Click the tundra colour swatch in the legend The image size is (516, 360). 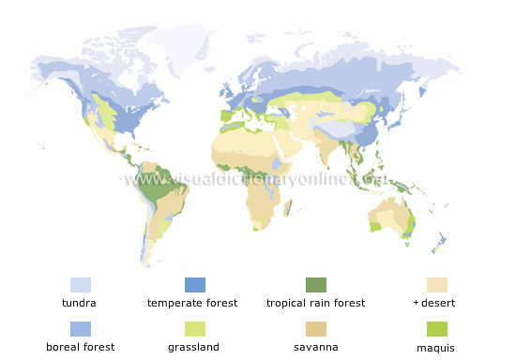(x=81, y=284)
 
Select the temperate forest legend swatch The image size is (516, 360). (x=194, y=284)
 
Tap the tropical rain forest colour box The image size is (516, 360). (x=315, y=284)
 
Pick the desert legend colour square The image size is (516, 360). (x=437, y=284)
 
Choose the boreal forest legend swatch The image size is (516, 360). (x=81, y=328)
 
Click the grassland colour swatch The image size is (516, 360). (x=194, y=328)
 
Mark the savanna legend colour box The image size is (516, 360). (x=315, y=328)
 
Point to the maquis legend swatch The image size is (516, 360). (x=437, y=328)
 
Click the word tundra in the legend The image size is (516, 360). (x=80, y=303)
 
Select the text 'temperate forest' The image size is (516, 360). (x=192, y=303)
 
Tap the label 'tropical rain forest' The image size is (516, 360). (x=315, y=303)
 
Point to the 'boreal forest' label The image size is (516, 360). (x=81, y=347)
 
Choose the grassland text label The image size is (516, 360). (x=193, y=347)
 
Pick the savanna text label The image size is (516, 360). (x=315, y=347)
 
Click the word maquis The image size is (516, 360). (x=437, y=347)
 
